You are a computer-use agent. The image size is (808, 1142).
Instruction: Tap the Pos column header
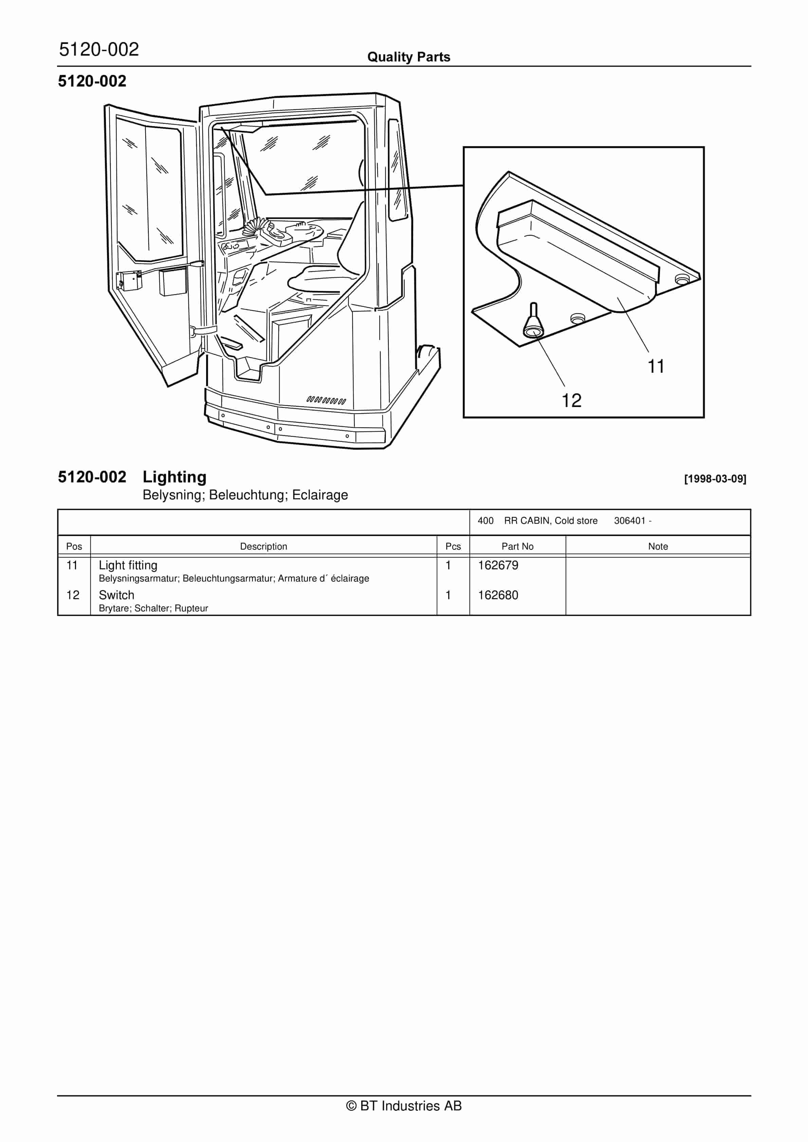click(74, 546)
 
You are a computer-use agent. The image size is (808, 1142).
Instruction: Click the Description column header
click(264, 546)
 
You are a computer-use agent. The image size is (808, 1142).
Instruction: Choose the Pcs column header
click(453, 546)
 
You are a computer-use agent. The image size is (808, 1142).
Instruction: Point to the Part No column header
click(517, 546)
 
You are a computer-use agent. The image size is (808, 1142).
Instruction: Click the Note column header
click(658, 546)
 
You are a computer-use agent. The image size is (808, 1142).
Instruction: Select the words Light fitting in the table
click(128, 566)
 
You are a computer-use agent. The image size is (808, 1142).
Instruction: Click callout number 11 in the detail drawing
click(656, 367)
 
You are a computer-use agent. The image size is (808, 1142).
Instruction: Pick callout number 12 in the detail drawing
click(572, 400)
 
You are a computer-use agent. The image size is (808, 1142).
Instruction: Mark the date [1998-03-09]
click(715, 479)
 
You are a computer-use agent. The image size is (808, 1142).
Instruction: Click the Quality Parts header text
click(408, 57)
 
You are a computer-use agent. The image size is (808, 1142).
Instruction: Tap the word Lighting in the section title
click(174, 477)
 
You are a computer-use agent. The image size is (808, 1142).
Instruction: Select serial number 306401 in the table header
click(629, 521)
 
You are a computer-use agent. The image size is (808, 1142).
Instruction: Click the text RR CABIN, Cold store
click(551, 521)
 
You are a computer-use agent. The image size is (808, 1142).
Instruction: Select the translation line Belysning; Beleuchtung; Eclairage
click(245, 495)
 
